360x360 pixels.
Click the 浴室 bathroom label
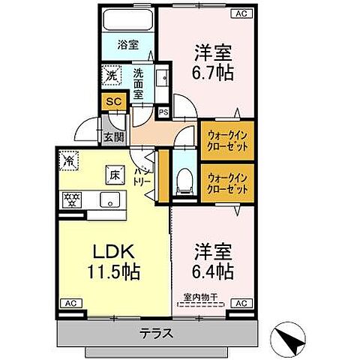click(x=127, y=45)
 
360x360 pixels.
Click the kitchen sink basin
click(x=109, y=199)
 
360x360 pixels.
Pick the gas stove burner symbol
click(x=71, y=199)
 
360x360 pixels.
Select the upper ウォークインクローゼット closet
click(x=226, y=139)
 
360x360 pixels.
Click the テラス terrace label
click(x=157, y=334)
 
